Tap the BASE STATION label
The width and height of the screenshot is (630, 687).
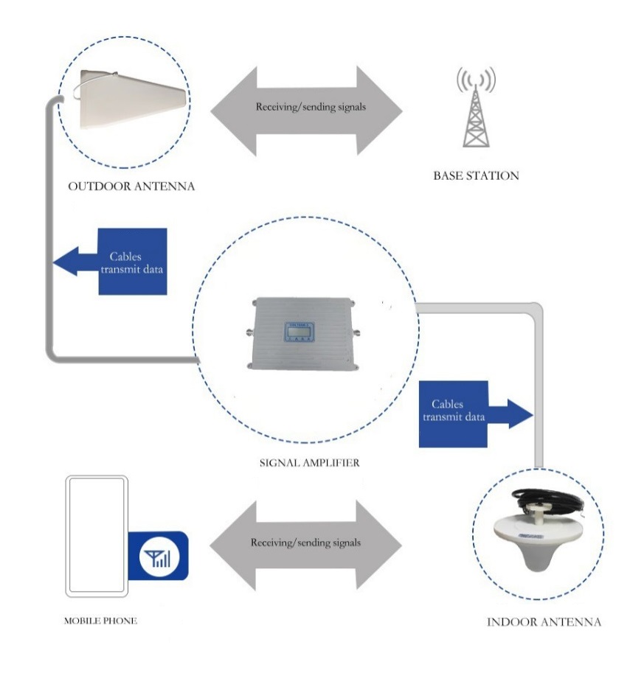point(476,176)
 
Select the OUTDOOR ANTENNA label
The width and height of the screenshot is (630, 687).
point(131,186)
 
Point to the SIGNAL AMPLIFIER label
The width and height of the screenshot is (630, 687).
point(310,464)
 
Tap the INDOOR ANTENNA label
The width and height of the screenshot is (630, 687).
point(544,622)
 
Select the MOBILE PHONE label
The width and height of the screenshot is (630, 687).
point(100,621)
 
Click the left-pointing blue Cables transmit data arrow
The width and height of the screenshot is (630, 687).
point(114,262)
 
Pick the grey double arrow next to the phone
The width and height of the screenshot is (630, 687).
point(306,545)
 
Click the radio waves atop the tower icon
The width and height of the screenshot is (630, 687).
point(476,77)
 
